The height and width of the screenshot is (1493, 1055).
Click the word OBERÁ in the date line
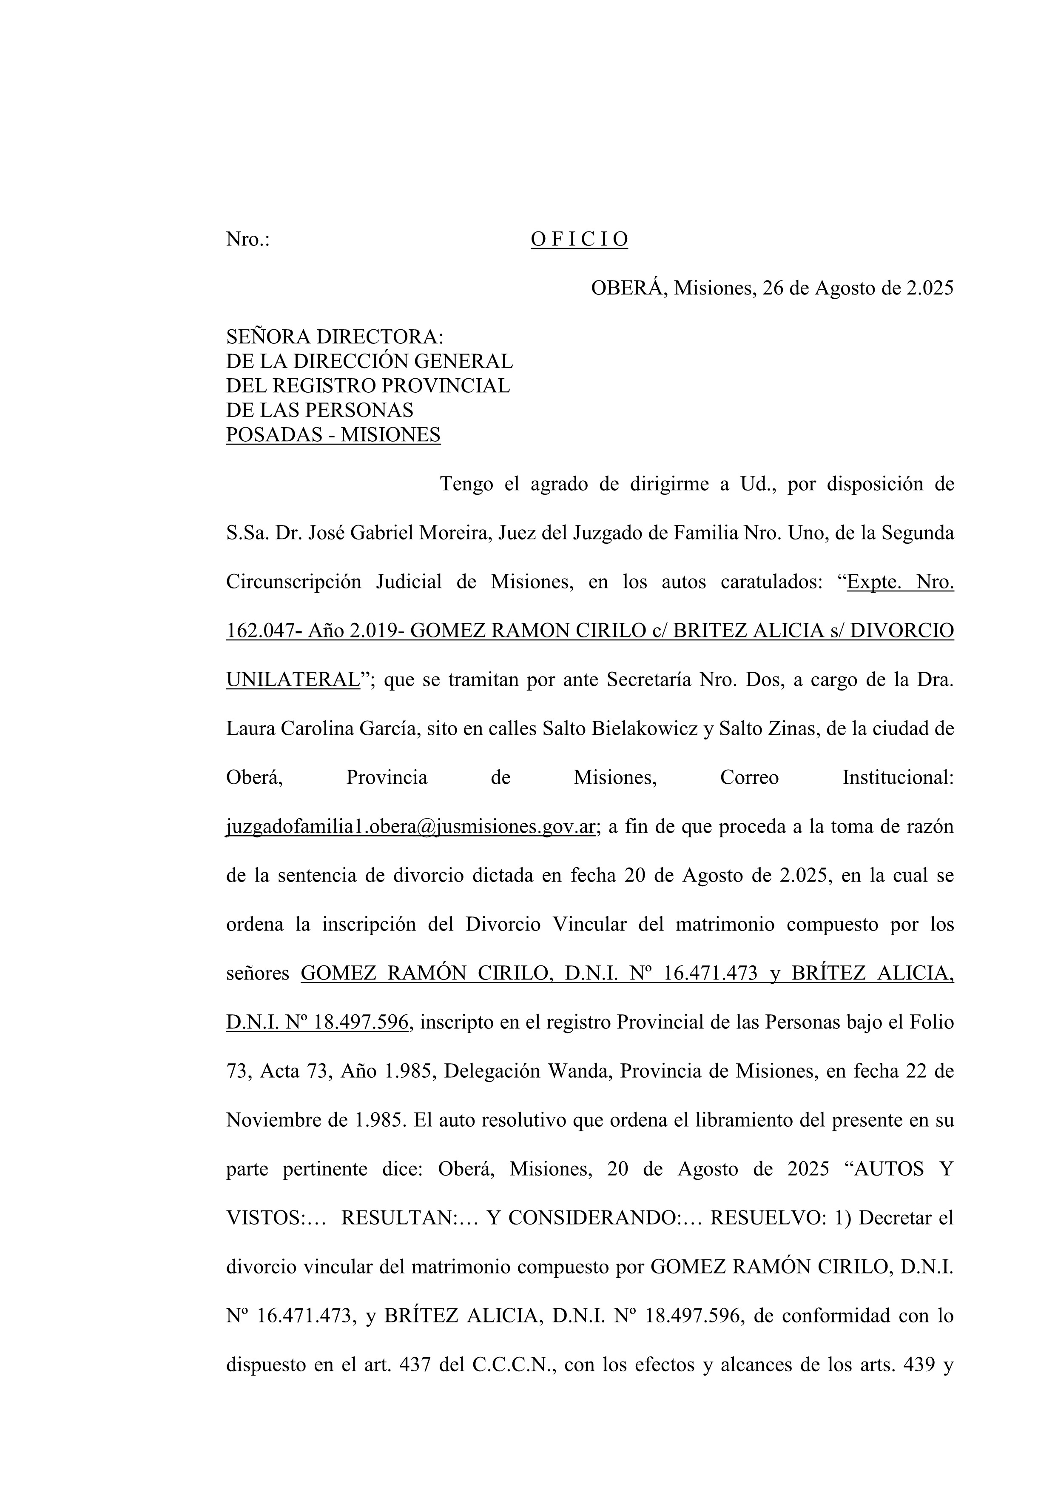[628, 288]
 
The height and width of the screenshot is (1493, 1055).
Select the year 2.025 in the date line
[930, 288]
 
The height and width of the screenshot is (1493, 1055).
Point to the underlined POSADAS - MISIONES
[333, 434]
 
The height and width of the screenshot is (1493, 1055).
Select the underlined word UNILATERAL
[293, 679]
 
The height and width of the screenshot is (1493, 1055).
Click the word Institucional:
[898, 777]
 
